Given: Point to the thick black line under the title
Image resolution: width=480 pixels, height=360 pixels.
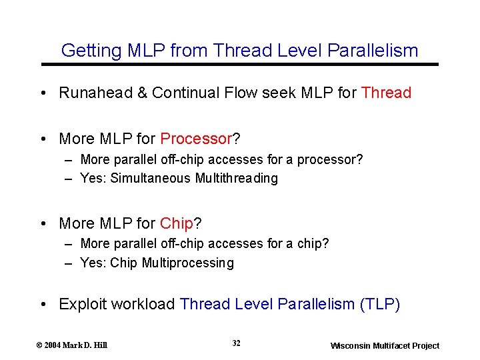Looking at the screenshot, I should [x=240, y=64].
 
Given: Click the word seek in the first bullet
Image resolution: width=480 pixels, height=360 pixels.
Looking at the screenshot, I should [x=276, y=93].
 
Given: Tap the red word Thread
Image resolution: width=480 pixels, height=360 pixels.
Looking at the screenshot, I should [x=386, y=93].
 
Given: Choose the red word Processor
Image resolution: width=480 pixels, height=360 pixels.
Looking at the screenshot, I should [x=195, y=139].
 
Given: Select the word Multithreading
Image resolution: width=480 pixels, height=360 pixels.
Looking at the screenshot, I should [x=237, y=179].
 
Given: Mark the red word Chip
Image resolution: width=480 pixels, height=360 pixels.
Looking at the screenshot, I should [x=177, y=223].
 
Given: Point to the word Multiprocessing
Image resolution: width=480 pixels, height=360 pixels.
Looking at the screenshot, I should [x=188, y=263].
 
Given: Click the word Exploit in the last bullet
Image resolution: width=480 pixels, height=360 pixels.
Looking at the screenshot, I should [x=83, y=305].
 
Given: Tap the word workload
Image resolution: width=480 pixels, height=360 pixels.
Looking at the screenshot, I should [x=143, y=305].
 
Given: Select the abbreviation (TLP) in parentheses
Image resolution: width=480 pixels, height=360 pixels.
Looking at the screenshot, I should [x=379, y=305].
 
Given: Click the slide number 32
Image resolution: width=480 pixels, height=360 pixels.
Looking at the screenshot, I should [x=237, y=343].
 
